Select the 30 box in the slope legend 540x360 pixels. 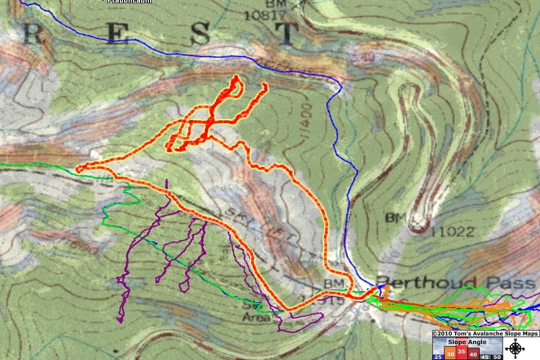click(450, 353)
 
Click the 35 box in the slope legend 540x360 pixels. click(461, 352)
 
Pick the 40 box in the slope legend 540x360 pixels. click(473, 353)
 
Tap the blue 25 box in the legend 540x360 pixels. click(438, 357)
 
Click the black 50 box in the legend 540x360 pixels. click(497, 357)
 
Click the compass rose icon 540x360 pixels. click(514, 348)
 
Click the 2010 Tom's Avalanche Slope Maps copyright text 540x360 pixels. click(485, 334)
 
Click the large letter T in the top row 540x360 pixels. click(285, 34)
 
